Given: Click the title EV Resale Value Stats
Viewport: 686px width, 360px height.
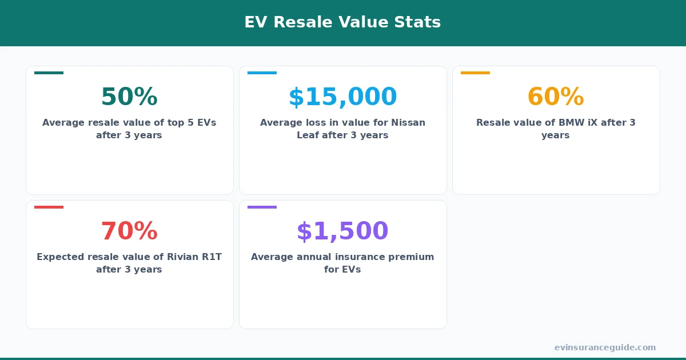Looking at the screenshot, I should (x=342, y=22).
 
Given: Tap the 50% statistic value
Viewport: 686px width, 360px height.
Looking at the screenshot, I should (x=129, y=97).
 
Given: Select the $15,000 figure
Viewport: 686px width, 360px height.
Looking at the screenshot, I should (x=342, y=97).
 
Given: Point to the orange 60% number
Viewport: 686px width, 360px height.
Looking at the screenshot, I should (x=555, y=97).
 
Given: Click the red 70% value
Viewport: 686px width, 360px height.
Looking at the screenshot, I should (x=129, y=231).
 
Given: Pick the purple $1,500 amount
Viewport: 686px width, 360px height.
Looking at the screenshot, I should (x=342, y=231).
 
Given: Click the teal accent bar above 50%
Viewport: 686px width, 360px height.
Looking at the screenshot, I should (x=49, y=73).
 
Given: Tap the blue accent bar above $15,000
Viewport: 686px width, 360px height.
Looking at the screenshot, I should (x=262, y=73).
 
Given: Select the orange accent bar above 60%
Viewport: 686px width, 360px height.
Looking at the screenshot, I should (x=475, y=73).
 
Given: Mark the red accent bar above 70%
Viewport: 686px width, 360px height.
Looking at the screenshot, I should (x=49, y=207).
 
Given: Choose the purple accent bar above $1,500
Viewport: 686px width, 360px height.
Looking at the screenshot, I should (x=262, y=207).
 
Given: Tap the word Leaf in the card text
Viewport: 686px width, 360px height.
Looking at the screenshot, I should (x=308, y=135).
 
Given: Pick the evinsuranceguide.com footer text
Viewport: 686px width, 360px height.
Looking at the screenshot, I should (x=605, y=347).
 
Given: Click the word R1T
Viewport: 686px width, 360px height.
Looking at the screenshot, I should (x=212, y=257).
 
